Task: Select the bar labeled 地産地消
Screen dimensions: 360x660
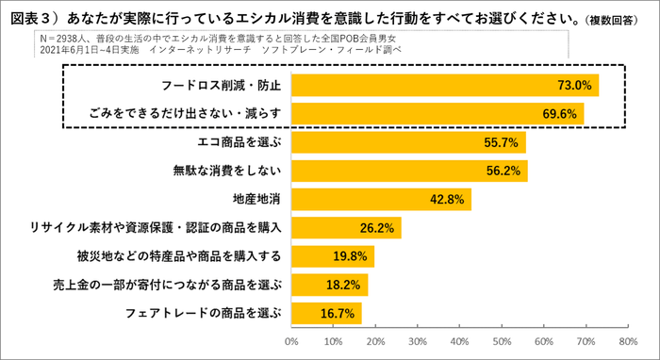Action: coord(381,200)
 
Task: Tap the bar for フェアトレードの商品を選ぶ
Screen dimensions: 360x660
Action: coord(326,312)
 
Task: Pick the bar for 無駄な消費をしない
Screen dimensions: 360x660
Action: coord(409,172)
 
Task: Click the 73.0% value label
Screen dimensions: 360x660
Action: coord(574,86)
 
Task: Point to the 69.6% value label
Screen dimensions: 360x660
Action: coord(560,114)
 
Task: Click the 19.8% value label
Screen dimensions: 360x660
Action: coord(351,256)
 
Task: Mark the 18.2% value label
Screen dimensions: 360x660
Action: coord(344,284)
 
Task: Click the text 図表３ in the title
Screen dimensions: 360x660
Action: coord(32,16)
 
